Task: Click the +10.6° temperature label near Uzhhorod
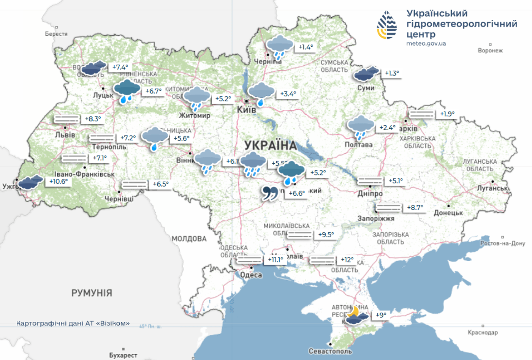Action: click(59, 182)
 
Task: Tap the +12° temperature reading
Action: click(347, 260)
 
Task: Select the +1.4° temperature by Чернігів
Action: click(306, 47)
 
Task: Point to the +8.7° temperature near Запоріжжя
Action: click(415, 207)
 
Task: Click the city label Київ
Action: click(246, 110)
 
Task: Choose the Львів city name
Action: click(65, 135)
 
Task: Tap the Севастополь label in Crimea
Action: click(330, 351)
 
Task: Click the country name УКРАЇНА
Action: click(271, 145)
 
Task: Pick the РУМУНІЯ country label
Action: click(92, 293)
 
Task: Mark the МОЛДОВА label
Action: click(189, 239)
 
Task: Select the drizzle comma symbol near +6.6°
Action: click(270, 193)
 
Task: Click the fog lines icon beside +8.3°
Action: click(66, 119)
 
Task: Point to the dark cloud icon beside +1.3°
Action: click(366, 74)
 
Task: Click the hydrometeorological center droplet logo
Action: click(387, 25)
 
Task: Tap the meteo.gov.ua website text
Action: click(426, 43)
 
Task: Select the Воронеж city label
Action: click(490, 50)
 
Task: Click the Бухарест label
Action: click(123, 355)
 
